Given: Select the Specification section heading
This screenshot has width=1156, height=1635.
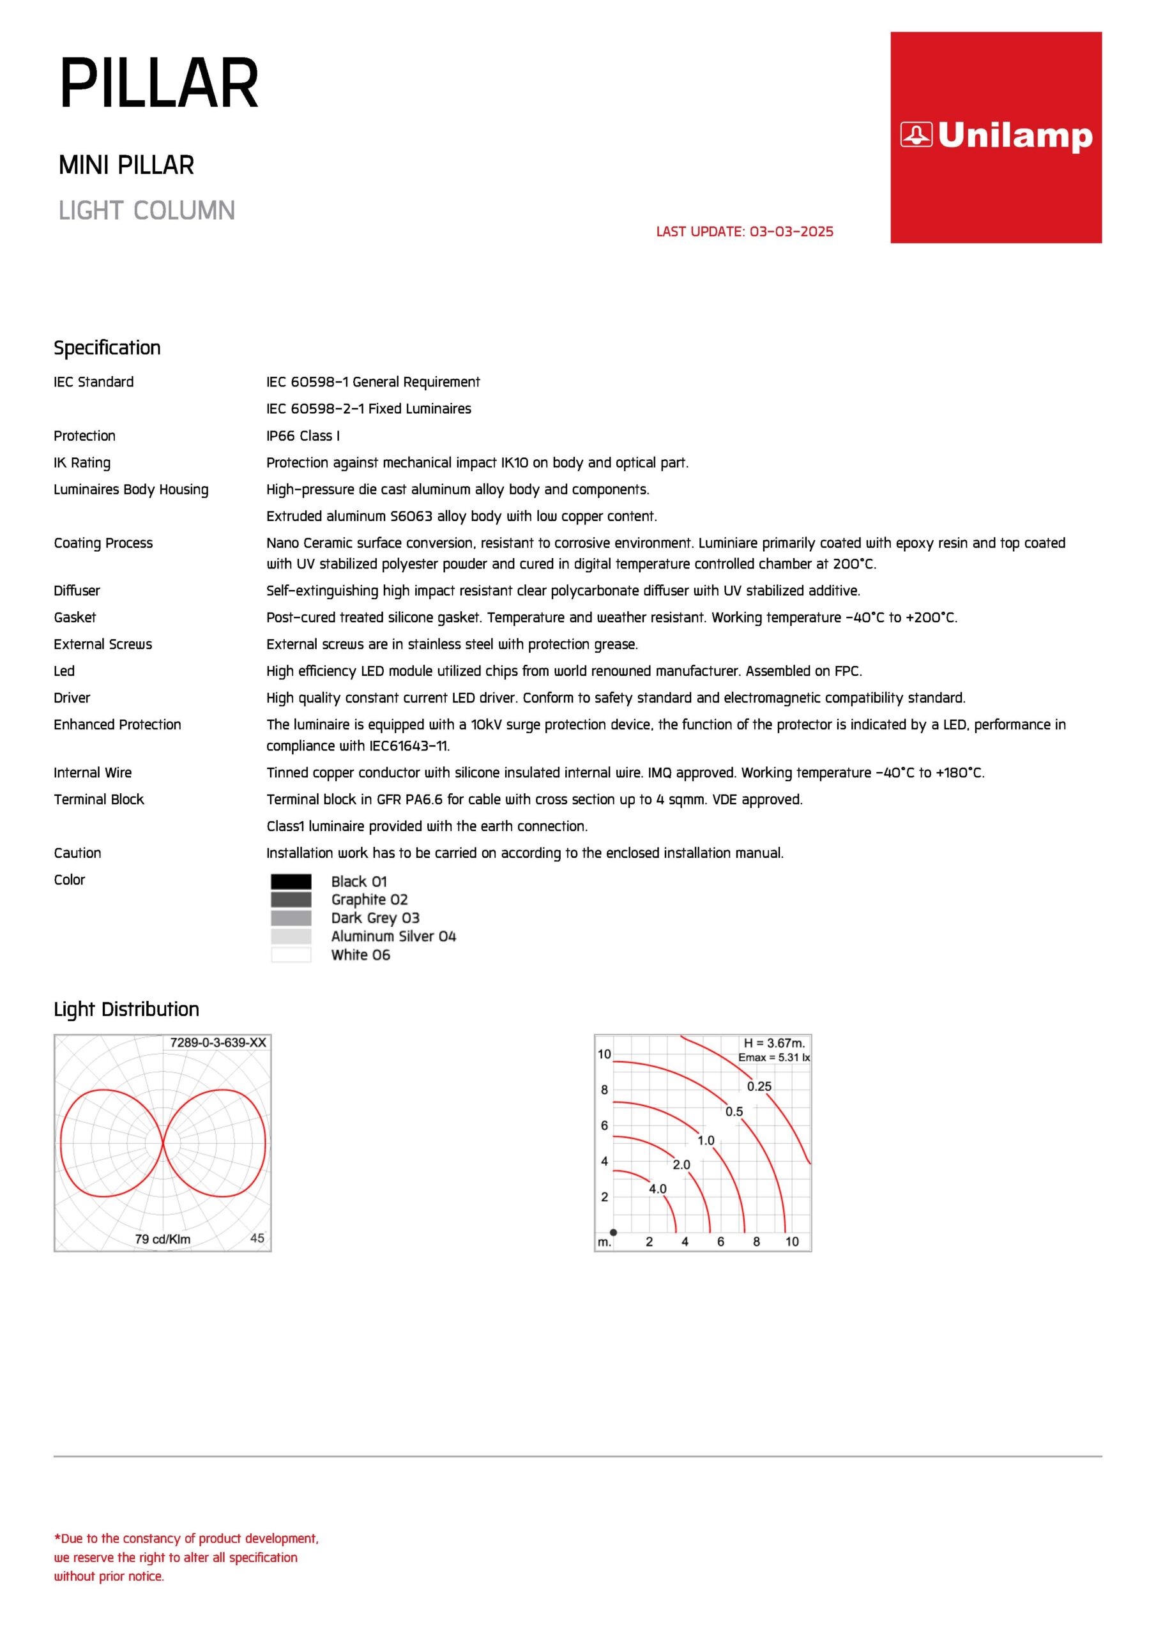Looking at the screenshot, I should [x=107, y=347].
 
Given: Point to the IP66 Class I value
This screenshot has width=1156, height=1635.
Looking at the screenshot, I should [x=303, y=436].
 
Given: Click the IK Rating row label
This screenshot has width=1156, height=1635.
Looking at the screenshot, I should [x=82, y=463].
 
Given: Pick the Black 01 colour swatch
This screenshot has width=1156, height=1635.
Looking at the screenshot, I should [x=291, y=881].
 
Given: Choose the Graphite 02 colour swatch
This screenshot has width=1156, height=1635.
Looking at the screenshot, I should [x=291, y=899].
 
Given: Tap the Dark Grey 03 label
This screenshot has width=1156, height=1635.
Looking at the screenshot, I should [x=375, y=918].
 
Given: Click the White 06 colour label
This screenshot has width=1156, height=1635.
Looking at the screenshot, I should [x=360, y=955].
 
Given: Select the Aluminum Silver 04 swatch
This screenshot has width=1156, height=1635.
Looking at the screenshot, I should [x=291, y=936].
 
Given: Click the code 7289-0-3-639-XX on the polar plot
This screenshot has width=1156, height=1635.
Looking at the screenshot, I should [x=218, y=1042].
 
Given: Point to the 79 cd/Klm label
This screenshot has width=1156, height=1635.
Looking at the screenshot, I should [x=162, y=1239].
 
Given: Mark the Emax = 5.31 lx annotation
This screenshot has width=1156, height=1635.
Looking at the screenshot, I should [x=773, y=1058].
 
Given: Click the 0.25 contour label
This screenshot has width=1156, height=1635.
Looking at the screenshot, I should [x=759, y=1086].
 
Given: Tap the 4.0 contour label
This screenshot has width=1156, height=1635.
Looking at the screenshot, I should [x=657, y=1189].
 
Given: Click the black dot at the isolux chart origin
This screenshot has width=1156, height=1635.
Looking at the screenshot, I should [x=613, y=1233].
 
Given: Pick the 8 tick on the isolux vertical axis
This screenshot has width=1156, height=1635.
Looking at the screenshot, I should [x=604, y=1090].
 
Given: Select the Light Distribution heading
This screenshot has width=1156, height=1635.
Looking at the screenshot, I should [x=126, y=1009].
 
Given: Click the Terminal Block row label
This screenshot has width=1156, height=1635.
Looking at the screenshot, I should [x=98, y=800].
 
